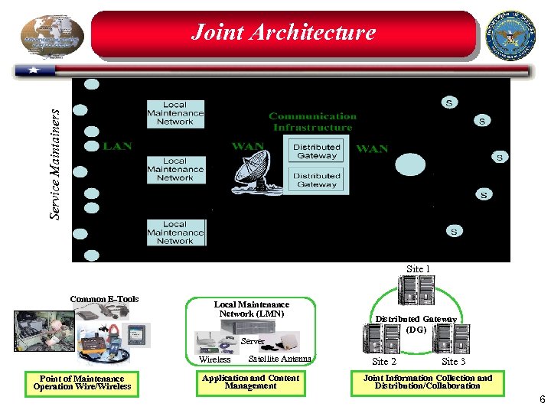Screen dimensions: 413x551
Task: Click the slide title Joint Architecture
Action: (x=283, y=32)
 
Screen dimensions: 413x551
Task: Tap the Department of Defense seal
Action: (x=511, y=35)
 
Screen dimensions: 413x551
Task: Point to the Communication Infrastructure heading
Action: (x=312, y=122)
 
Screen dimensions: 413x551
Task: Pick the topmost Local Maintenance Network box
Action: (x=175, y=113)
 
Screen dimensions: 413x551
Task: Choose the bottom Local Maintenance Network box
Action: (x=175, y=233)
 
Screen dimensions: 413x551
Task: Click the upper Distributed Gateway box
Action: (x=317, y=151)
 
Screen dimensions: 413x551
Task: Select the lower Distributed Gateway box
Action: (x=317, y=180)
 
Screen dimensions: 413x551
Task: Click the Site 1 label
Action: (x=418, y=269)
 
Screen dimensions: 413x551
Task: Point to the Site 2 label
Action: (x=384, y=362)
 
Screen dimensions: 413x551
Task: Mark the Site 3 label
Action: (x=454, y=362)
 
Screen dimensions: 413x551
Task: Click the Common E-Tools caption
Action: (x=104, y=299)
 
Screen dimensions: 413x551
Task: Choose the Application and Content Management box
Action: (x=250, y=382)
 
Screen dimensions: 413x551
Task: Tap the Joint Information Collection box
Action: (x=427, y=382)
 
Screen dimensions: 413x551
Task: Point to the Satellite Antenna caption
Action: (x=280, y=359)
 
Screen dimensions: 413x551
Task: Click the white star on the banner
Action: (x=34, y=70)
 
